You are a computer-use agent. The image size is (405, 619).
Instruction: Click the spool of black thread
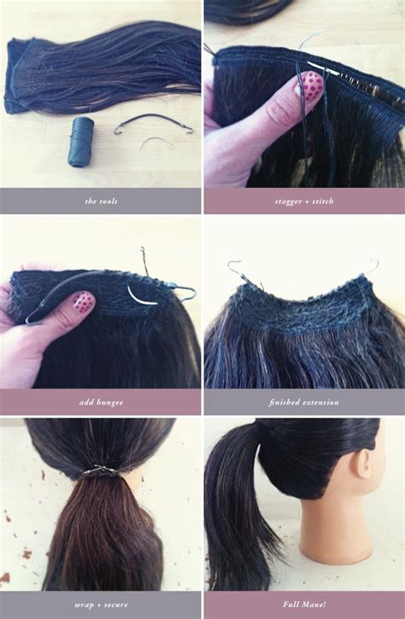pyautogui.click(x=81, y=142)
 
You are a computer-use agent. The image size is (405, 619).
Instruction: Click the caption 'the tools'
pyautogui.click(x=101, y=201)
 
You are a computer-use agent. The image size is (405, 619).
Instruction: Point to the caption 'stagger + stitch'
pyautogui.click(x=304, y=201)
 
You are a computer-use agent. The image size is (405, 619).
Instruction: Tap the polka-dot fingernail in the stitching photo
pyautogui.click(x=311, y=85)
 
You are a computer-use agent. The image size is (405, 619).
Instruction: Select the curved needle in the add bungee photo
pyautogui.click(x=141, y=296)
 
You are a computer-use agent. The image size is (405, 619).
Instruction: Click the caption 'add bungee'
pyautogui.click(x=101, y=403)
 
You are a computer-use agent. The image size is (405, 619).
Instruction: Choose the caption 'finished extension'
pyautogui.click(x=304, y=403)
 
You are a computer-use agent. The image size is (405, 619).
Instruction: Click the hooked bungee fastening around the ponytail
pyautogui.click(x=100, y=471)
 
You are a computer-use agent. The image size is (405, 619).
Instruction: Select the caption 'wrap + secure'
pyautogui.click(x=101, y=604)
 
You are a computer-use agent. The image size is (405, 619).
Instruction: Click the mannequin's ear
pyautogui.click(x=362, y=464)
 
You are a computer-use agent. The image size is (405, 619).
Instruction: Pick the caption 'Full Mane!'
pyautogui.click(x=304, y=604)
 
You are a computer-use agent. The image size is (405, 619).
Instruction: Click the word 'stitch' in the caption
pyautogui.click(x=322, y=201)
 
